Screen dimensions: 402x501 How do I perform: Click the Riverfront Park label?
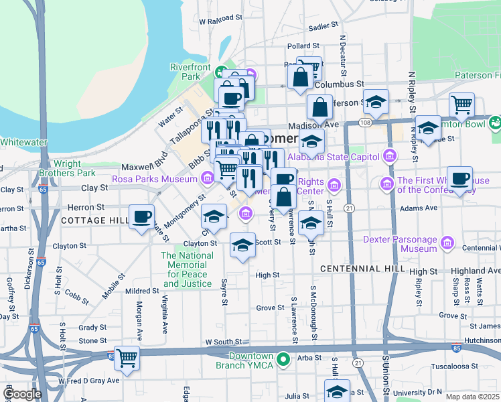click(190, 72)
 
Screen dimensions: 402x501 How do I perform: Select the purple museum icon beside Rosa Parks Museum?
click(207, 178)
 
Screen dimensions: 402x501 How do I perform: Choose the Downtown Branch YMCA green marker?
click(284, 360)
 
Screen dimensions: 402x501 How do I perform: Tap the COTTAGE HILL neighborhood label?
click(94, 220)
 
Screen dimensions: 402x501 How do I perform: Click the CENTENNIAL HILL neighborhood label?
click(362, 269)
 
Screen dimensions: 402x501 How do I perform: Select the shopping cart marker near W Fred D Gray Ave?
click(127, 358)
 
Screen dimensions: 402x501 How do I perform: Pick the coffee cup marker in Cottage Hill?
click(142, 217)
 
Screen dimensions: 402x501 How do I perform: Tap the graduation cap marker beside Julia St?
click(337, 391)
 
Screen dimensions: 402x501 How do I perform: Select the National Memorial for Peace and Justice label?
click(188, 269)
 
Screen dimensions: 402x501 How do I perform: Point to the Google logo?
click(22, 395)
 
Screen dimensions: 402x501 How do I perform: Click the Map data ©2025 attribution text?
click(472, 397)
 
